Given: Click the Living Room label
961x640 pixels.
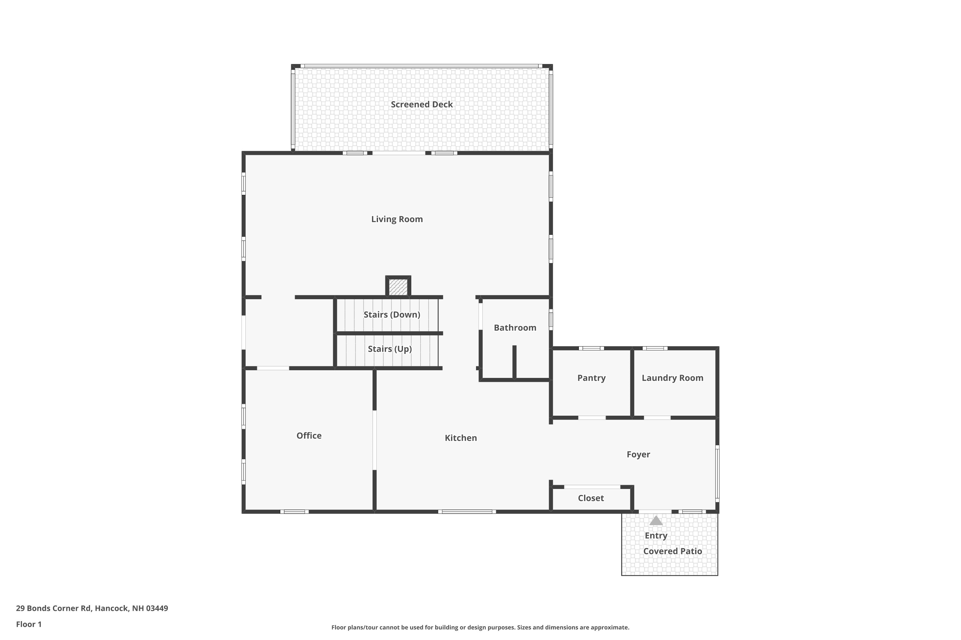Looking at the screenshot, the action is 397,219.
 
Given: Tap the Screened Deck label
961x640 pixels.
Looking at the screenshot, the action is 422,105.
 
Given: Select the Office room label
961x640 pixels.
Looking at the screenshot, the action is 309,436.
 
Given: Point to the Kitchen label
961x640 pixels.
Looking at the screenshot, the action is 461,438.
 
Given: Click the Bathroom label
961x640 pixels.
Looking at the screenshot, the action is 515,328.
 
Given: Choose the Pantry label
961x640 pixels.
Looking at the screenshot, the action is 591,378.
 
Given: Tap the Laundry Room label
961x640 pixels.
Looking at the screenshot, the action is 672,378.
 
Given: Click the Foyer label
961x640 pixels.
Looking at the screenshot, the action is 638,454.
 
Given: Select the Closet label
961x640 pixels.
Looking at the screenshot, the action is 591,498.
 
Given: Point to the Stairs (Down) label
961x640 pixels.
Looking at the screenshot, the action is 392,315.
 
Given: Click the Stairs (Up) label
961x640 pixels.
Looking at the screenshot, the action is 390,349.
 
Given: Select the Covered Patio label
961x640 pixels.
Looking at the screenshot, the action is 672,551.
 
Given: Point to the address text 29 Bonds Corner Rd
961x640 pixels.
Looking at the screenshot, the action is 53,608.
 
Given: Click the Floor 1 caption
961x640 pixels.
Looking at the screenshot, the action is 29,624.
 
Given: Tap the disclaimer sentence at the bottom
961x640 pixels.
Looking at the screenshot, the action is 480,627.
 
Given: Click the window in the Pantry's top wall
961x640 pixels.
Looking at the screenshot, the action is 591,348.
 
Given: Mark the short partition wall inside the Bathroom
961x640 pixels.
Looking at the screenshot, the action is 514,362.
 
